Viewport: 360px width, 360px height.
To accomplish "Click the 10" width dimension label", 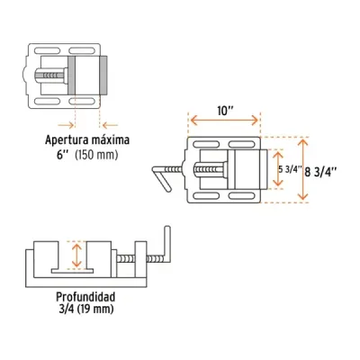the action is click(x=225, y=112).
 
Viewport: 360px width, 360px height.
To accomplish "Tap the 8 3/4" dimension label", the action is click(x=320, y=172).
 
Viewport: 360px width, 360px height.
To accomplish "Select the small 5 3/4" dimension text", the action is click(x=290, y=169).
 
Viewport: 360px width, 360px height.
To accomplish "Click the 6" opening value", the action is click(x=63, y=155).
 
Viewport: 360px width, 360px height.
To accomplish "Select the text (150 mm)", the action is click(x=96, y=155).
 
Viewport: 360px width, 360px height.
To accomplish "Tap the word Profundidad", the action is click(x=85, y=297).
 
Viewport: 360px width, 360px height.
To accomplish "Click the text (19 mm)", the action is click(x=95, y=309).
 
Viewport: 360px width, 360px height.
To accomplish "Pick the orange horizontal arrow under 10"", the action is click(x=224, y=121).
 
